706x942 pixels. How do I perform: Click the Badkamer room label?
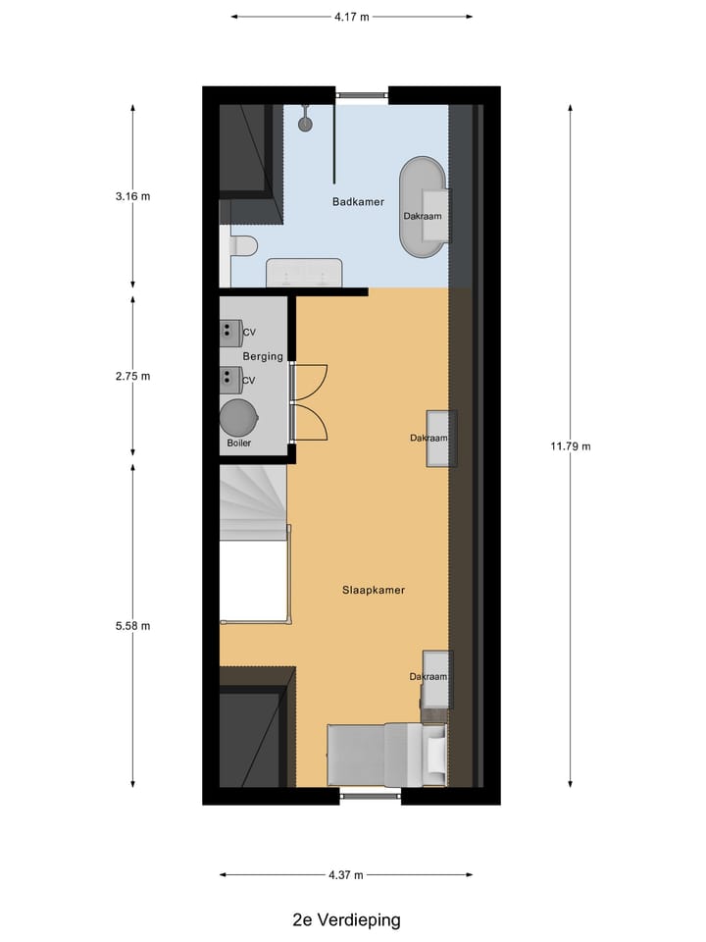pos(357,202)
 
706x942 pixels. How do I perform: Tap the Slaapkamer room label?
pos(374,590)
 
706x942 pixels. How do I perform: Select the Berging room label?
pos(264,356)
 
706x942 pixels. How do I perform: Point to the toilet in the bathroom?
pos(241,246)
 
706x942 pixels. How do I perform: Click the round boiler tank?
pos(238,417)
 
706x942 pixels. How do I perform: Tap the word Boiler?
pos(239,444)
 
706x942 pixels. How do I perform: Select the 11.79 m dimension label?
pos(572,446)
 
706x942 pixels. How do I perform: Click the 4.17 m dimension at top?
pos(351,17)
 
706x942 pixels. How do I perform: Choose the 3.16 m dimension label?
pos(132,196)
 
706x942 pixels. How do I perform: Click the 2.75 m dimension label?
pos(132,376)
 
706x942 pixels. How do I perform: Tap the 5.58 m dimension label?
pos(132,625)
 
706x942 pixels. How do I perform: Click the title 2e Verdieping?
pos(346,920)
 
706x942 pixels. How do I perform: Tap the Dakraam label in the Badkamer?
pos(422,216)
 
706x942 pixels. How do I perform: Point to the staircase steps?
pos(252,501)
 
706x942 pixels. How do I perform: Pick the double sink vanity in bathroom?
pos(304,272)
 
